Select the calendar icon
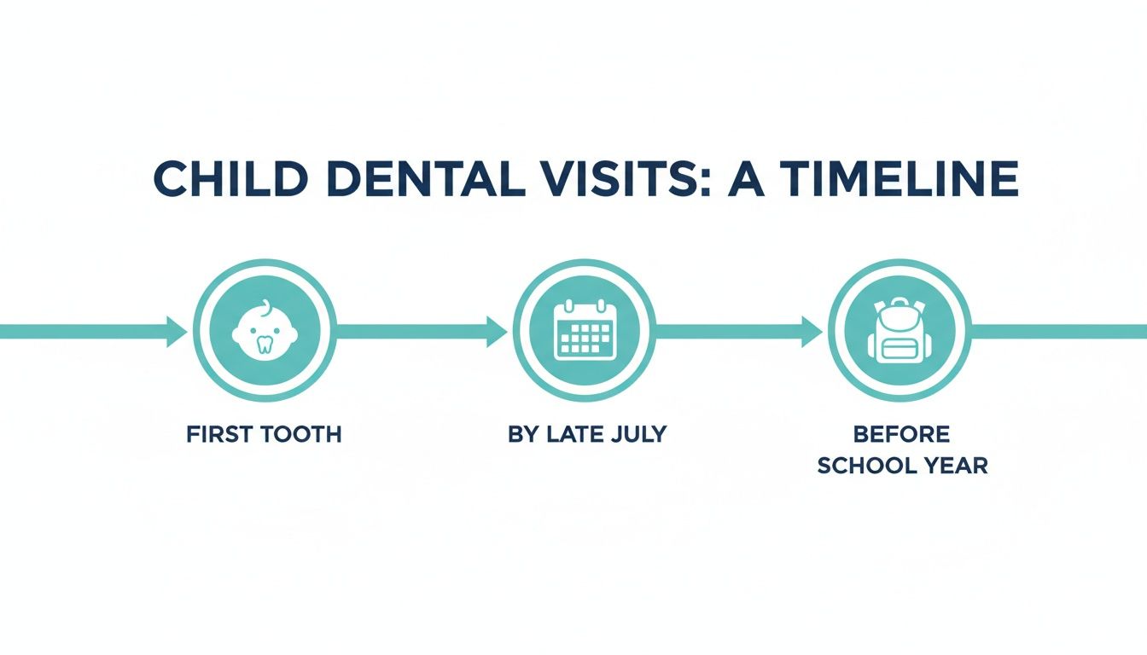tap(585, 330)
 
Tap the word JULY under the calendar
tap(635, 434)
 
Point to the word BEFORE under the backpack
tap(902, 434)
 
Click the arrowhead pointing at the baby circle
tap(177, 331)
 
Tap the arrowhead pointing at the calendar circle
tap(497, 331)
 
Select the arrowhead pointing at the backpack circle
tap(812, 331)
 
